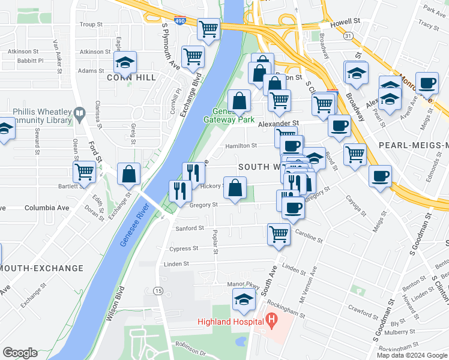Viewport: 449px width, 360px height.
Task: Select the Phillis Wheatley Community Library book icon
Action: point(79,112)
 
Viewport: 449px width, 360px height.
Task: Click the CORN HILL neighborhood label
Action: point(131,77)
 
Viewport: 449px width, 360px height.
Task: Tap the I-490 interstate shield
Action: point(182,20)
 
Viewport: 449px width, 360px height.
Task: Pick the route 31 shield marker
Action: point(348,36)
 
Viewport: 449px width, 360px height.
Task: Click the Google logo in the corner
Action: point(20,353)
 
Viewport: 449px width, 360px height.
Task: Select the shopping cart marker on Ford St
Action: point(84,172)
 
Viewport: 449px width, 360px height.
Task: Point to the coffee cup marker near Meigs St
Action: point(379,176)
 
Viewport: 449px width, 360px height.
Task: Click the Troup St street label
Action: point(91,25)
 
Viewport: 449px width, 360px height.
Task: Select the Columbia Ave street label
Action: point(47,208)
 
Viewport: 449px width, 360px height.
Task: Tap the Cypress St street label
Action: point(183,248)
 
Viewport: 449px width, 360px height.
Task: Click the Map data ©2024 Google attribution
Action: point(412,355)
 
